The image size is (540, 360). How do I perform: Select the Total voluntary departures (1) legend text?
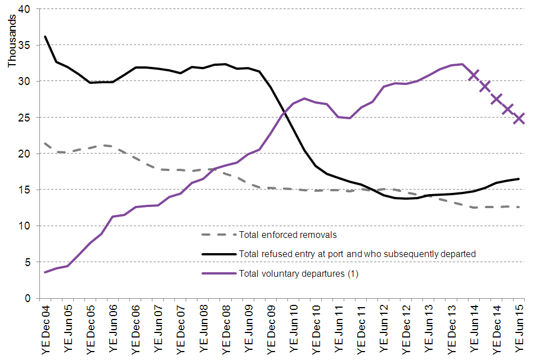[299, 274]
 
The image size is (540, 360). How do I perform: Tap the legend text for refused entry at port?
[357, 254]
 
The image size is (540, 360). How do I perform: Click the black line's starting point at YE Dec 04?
[45, 37]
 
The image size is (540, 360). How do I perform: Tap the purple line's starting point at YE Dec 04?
[45, 272]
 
